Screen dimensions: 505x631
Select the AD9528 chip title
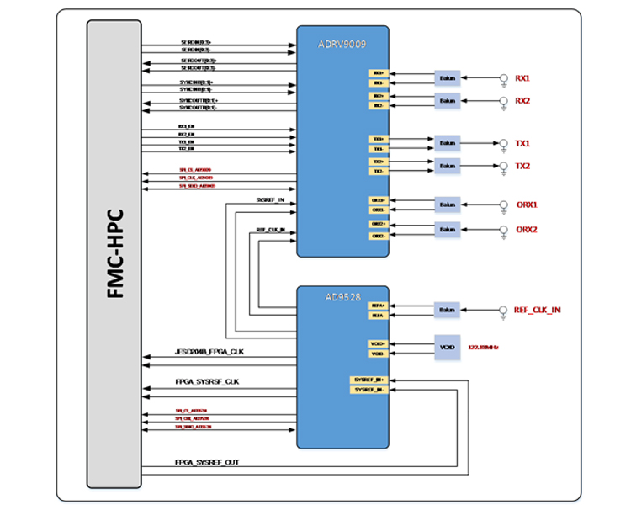pyautogui.click(x=342, y=297)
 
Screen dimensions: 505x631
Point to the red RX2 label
pyautogui.click(x=522, y=101)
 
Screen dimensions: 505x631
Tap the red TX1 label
pyautogui.click(x=522, y=144)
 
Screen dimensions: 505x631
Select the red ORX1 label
pyautogui.click(x=527, y=205)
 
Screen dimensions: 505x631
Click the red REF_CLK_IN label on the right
pyautogui.click(x=538, y=310)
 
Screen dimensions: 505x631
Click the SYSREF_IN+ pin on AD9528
pyautogui.click(x=369, y=380)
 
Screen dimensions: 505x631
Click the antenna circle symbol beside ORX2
pyautogui.click(x=504, y=229)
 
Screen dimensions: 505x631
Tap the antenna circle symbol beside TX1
pyautogui.click(x=503, y=143)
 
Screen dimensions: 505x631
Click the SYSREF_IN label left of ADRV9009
pyautogui.click(x=270, y=200)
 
